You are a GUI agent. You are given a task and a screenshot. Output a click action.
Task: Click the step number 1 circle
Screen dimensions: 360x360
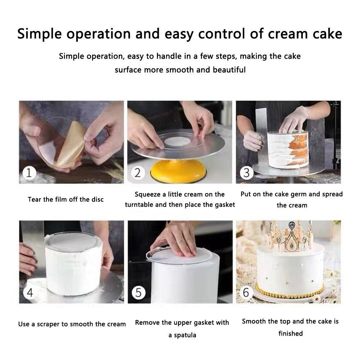point(29,173)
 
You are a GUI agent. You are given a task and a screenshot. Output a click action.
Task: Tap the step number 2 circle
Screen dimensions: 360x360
point(138,173)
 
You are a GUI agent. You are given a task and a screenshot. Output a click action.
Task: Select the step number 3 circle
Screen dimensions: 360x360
point(247,173)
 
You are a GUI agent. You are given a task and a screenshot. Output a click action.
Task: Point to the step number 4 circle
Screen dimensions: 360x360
point(30,292)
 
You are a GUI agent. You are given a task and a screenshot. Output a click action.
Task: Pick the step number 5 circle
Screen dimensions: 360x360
point(139,292)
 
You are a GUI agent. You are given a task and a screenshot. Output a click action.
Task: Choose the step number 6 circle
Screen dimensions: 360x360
point(246,292)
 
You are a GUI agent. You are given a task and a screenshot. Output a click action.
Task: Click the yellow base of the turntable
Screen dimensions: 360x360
point(179,171)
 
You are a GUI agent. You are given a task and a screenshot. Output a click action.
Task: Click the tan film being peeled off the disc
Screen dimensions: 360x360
point(71,145)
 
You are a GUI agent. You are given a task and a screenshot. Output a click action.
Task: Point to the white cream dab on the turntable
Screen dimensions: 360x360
point(177,141)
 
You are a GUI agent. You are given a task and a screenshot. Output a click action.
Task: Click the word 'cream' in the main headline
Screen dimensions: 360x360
point(287,34)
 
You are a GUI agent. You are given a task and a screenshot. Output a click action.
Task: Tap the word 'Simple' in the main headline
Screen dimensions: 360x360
point(40,34)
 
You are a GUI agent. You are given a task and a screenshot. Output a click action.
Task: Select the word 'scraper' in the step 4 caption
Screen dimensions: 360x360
point(50,324)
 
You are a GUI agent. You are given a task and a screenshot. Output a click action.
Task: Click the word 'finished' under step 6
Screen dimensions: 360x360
point(291,333)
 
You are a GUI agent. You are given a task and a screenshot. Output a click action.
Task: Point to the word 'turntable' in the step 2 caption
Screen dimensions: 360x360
point(139,204)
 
